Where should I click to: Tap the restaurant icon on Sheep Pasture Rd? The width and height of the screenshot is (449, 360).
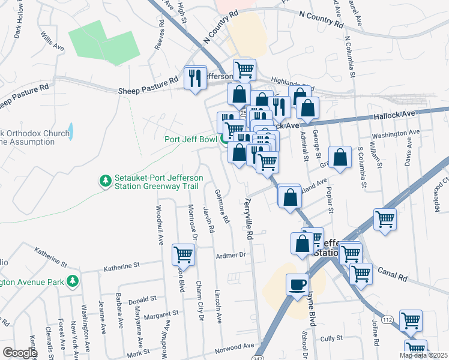coord(195,78)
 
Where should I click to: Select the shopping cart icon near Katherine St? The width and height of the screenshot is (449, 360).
coord(183,254)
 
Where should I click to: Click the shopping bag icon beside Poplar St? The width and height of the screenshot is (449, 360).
coord(340,157)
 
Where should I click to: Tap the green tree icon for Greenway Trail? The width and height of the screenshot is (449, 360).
coord(105,181)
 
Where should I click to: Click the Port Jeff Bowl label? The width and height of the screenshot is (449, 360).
coord(191,140)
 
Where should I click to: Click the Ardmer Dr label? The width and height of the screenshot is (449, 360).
coord(231,255)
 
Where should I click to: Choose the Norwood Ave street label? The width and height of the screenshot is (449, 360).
coord(235,347)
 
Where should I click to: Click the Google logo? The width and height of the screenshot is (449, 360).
coord(19,352)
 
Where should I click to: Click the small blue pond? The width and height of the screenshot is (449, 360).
coord(71,131)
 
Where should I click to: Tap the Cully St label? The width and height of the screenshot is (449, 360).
coord(331,339)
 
